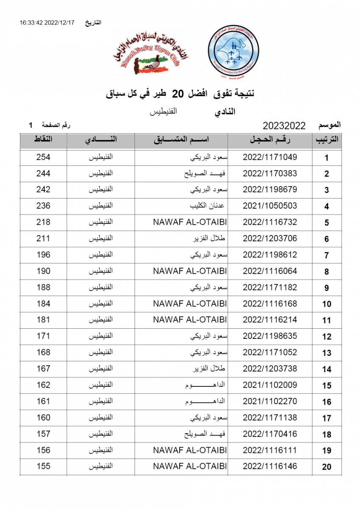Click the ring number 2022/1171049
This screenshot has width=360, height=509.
click(270, 157)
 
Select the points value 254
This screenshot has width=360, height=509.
click(43, 157)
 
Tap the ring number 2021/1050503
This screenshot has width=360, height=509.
click(270, 206)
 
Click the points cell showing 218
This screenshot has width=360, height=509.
click(43, 222)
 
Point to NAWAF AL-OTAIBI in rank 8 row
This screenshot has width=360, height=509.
click(190, 271)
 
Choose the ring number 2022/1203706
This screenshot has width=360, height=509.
click(270, 238)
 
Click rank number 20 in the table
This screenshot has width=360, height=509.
click(326, 467)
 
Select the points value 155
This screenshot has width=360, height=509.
click(43, 467)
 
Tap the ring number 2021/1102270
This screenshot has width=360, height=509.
click(270, 401)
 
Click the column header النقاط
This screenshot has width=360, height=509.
click(43, 140)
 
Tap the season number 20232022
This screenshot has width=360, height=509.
click(284, 126)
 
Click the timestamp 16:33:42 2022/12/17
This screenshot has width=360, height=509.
click(47, 22)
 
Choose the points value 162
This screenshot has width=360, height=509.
click(43, 385)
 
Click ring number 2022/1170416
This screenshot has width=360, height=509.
click(270, 434)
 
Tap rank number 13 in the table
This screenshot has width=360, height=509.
click(326, 353)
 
